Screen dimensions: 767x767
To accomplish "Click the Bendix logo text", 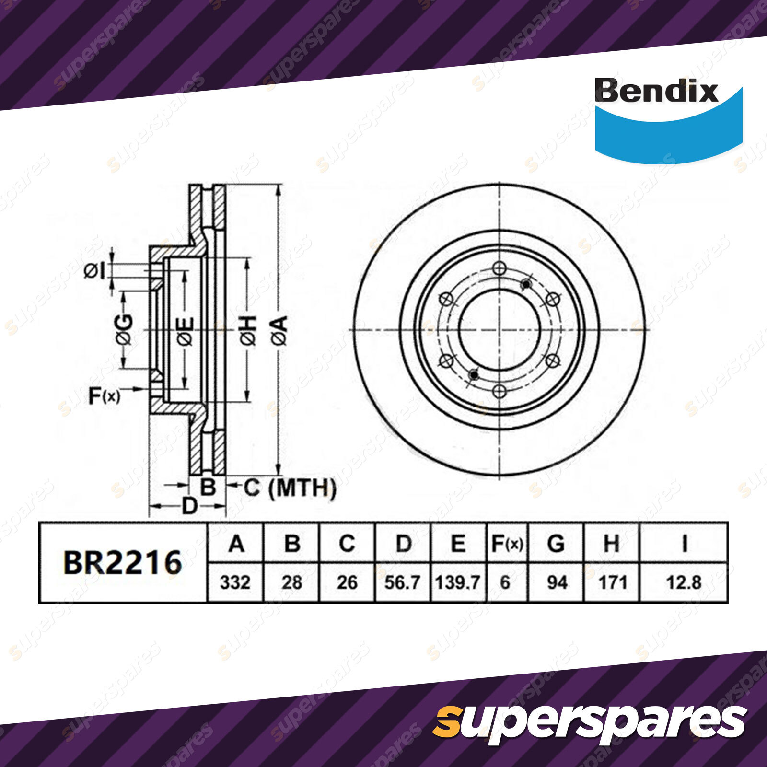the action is [656, 91].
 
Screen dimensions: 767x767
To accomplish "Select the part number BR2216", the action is [123, 563].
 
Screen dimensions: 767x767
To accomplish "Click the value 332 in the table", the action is [235, 583].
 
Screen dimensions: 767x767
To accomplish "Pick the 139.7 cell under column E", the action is [458, 583].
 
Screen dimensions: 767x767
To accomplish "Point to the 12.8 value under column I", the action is [684, 583].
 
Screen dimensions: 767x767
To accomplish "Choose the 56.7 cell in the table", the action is [403, 583].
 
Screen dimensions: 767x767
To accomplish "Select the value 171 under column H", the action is [613, 583].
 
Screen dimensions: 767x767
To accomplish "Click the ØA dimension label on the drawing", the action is [280, 330].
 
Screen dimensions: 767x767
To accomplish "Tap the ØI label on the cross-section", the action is [95, 272].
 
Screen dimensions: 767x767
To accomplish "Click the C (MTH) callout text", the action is [290, 488].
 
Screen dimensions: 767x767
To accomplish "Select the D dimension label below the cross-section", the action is [190, 506].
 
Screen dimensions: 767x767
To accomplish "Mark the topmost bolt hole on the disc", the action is [500, 268].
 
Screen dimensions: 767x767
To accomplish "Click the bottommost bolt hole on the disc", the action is [500, 391].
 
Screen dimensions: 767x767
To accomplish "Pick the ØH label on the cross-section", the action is [248, 331].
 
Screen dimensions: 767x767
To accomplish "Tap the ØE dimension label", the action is [186, 331].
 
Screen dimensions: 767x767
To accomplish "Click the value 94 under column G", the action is [557, 583].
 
